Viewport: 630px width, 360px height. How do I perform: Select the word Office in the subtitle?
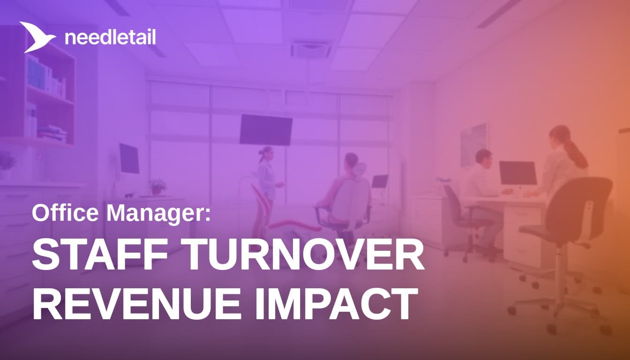pos(66,214)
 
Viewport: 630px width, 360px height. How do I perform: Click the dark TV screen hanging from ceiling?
pos(266,129)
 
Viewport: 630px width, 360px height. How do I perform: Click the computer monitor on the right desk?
pos(517,173)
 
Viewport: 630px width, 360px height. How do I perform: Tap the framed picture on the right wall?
pos(473,143)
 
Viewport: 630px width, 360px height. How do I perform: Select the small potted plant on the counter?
pos(157,187)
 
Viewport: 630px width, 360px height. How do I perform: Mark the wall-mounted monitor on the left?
pos(129,158)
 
